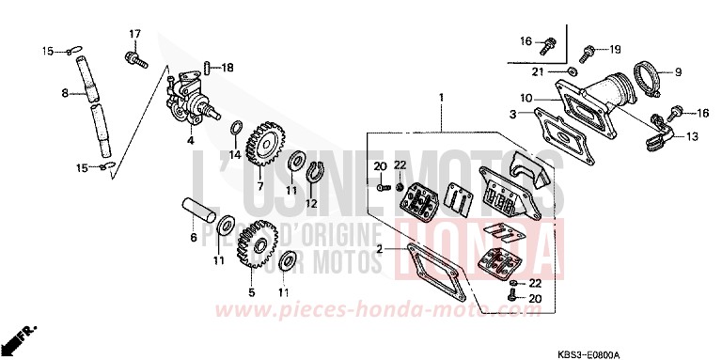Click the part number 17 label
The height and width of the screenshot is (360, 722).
tap(133, 35)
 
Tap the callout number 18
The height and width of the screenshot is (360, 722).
tap(228, 67)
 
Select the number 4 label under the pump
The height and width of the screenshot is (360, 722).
tap(190, 141)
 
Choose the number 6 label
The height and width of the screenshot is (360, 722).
tap(193, 238)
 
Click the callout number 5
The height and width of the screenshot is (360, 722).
tap(252, 292)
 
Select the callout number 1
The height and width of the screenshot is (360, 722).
tap(440, 96)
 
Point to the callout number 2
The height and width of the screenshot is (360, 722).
tap(378, 249)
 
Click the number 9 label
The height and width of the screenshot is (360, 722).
tap(675, 70)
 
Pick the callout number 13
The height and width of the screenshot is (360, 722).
tap(692, 136)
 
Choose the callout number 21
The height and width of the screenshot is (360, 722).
tap(540, 71)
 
